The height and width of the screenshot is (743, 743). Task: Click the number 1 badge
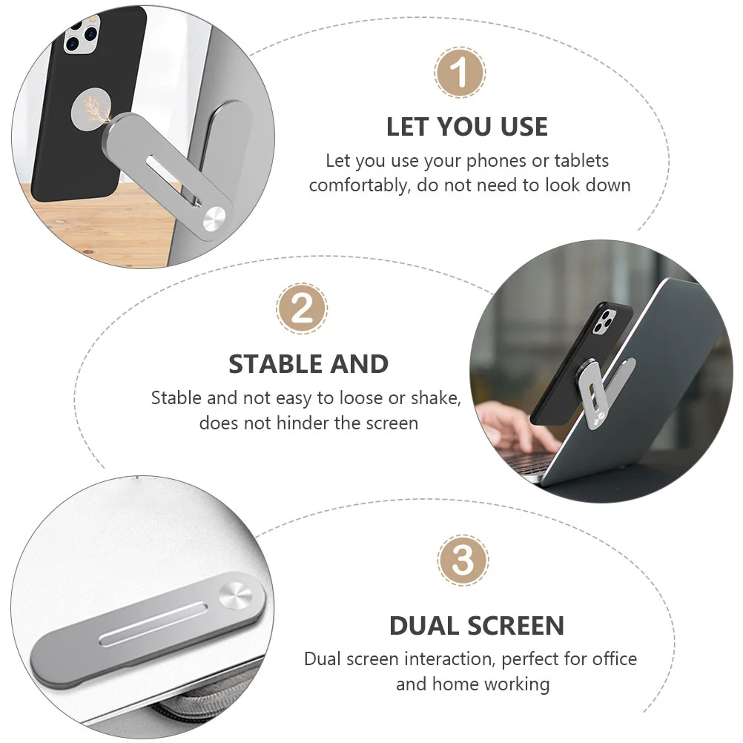459,73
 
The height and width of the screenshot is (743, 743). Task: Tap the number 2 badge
302,308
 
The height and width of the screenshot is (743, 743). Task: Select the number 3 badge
463,561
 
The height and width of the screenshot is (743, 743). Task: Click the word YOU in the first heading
466,127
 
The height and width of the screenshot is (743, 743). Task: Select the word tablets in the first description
581,161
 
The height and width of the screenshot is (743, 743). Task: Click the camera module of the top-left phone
81,36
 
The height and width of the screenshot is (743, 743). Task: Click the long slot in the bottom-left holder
153,624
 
